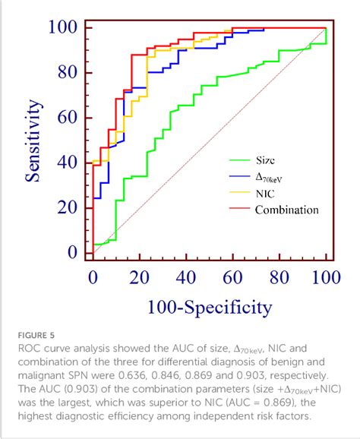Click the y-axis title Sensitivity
pyautogui.click(x=33, y=143)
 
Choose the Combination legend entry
pyautogui.click(x=286, y=210)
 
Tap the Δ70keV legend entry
pyautogui.click(x=271, y=177)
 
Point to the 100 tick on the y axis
pyautogui.click(x=65, y=28)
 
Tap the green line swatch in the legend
pyautogui.click(x=239, y=160)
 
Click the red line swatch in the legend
pyautogui.click(x=239, y=210)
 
